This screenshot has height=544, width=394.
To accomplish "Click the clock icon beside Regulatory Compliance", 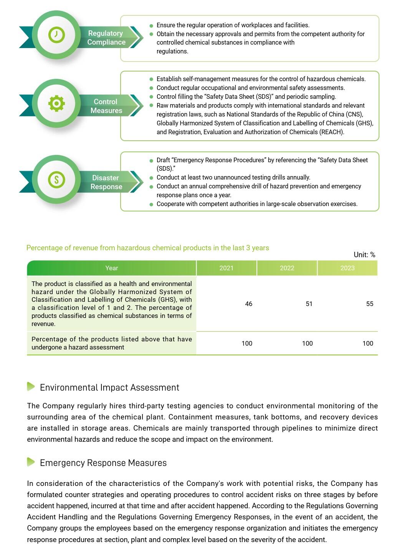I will pos(56,35).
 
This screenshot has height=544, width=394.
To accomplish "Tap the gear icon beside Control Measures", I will pos(56,103).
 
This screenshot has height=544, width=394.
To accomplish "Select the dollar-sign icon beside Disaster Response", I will pos(56,179).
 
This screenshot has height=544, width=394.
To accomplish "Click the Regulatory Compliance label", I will pos(106,38).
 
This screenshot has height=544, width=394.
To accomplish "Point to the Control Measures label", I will pos(106,106).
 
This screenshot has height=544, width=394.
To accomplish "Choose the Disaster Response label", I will pos(106,182).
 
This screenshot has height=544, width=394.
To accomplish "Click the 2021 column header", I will pos(226,268).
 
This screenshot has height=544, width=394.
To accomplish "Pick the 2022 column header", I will pos(287,268).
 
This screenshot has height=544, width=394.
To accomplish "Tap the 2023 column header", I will pos(347,268).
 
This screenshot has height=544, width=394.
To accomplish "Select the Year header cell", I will pos(112,268).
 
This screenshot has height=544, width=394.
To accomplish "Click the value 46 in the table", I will pos(248,304).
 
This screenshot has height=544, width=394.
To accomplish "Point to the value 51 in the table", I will pos(309,304).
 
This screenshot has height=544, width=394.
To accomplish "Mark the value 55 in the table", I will pos(369,304).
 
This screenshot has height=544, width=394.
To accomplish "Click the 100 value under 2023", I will pos(368,343).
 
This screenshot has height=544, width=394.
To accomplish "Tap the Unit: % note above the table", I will pos(364,255).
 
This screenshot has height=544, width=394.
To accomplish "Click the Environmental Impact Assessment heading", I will pos(109,388).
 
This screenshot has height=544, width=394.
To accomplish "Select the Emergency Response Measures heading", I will pos(103,463).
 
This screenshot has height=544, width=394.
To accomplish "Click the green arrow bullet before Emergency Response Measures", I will pos(31,462).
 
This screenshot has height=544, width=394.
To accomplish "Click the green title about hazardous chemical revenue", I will pos(147,248).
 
